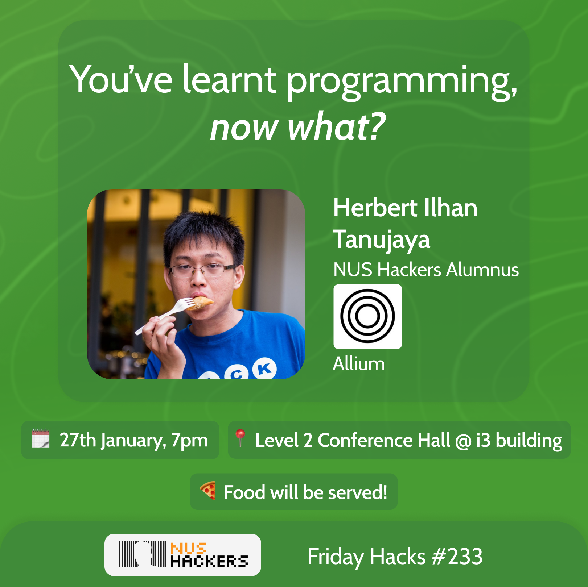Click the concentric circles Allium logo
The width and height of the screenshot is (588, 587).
pyautogui.click(x=367, y=316)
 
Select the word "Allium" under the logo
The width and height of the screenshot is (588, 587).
pyautogui.click(x=359, y=364)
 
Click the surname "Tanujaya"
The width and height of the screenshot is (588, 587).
pyautogui.click(x=382, y=240)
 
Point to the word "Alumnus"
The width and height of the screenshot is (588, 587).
pyautogui.click(x=482, y=270)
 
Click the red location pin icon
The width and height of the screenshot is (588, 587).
pyautogui.click(x=240, y=437)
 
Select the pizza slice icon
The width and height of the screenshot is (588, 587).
pyautogui.click(x=208, y=491)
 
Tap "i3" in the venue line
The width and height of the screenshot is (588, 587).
pyautogui.click(x=483, y=440)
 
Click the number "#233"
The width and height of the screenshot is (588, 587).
pyautogui.click(x=457, y=557)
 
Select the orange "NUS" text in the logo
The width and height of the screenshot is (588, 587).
pyautogui.click(x=188, y=548)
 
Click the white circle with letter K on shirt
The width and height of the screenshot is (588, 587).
pyautogui.click(x=264, y=369)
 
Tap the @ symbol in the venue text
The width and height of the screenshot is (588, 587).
pyautogui.click(x=463, y=441)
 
